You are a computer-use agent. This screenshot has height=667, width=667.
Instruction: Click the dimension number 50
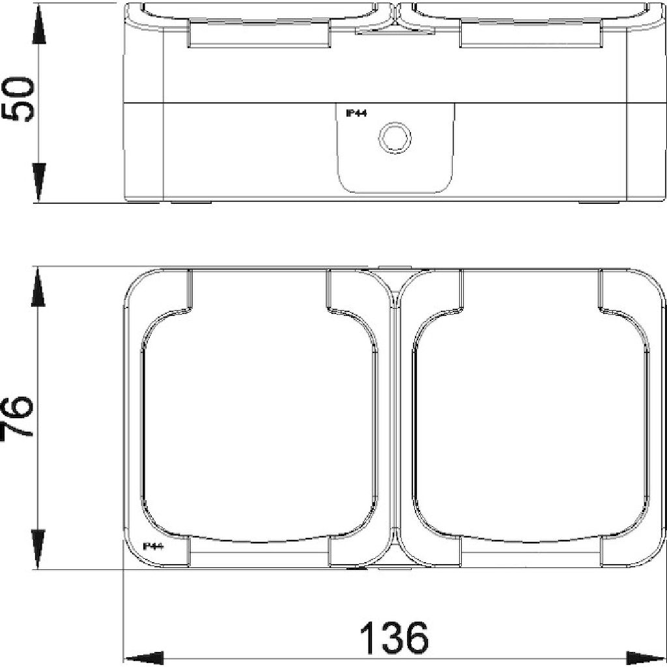tap(18, 100)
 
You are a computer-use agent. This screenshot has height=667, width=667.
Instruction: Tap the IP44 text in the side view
tap(356, 113)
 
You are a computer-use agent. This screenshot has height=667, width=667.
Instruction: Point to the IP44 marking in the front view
tap(153, 546)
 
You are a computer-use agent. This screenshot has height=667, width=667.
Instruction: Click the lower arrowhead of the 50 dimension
tap(38, 182)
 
